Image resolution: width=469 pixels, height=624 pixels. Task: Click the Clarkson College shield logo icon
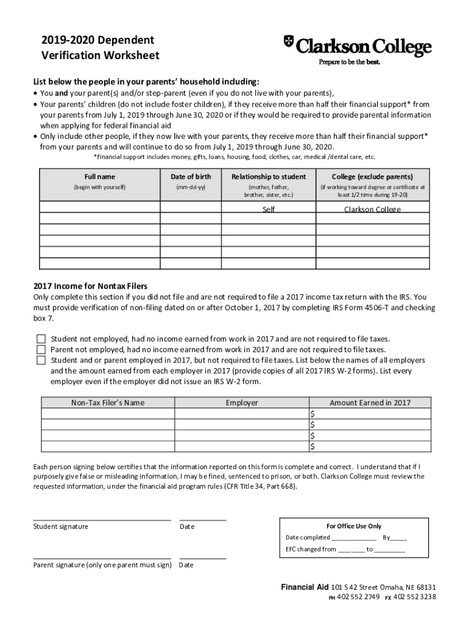(x=289, y=42)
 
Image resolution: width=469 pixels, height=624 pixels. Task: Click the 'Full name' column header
(x=99, y=177)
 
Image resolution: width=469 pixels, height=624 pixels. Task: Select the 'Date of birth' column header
(x=191, y=177)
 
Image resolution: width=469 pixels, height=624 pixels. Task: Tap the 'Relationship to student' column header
(x=269, y=177)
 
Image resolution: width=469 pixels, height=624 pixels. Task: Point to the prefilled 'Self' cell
(x=269, y=210)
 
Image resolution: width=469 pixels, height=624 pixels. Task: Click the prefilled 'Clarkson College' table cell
(x=372, y=210)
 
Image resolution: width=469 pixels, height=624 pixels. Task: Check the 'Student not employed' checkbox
(x=41, y=339)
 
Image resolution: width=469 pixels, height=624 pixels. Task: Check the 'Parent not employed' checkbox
(x=41, y=350)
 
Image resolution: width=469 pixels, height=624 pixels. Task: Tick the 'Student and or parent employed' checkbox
(x=41, y=360)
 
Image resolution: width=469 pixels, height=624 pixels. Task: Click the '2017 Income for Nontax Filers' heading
(x=90, y=286)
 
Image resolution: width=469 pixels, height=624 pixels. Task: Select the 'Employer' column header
(x=242, y=403)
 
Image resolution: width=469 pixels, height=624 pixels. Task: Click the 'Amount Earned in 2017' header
(x=370, y=403)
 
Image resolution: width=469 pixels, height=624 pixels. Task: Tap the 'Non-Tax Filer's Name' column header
(x=108, y=403)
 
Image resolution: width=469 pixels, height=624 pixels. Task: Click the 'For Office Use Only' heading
(x=354, y=526)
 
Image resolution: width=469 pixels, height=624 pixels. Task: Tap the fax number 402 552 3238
(x=414, y=597)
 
